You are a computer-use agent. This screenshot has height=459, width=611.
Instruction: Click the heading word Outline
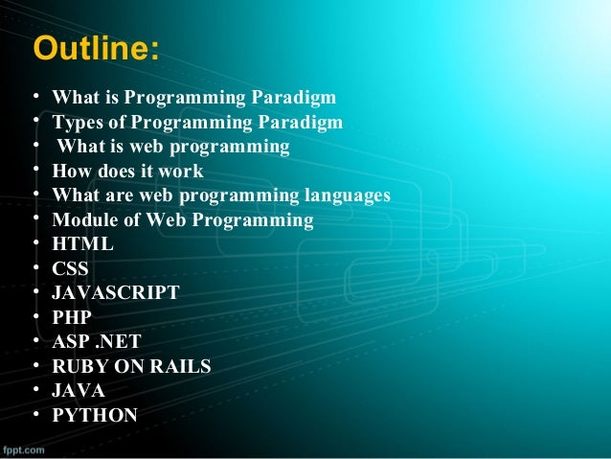(x=94, y=49)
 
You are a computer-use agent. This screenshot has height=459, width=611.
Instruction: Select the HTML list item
(x=82, y=244)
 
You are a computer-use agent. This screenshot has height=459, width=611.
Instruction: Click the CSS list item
(x=70, y=269)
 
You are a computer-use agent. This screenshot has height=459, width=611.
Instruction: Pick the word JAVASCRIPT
(x=115, y=293)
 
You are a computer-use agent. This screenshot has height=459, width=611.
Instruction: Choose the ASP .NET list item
(x=97, y=342)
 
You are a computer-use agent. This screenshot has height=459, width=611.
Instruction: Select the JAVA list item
(x=79, y=391)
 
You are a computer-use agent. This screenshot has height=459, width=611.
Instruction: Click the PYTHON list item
(x=94, y=416)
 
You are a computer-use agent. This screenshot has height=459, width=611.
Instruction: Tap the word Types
(x=77, y=122)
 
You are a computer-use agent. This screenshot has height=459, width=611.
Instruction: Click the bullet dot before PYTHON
(x=35, y=415)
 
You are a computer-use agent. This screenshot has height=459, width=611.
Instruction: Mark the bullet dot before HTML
(x=35, y=243)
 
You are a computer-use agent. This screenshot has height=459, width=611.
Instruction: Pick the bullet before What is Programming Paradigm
(x=35, y=97)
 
